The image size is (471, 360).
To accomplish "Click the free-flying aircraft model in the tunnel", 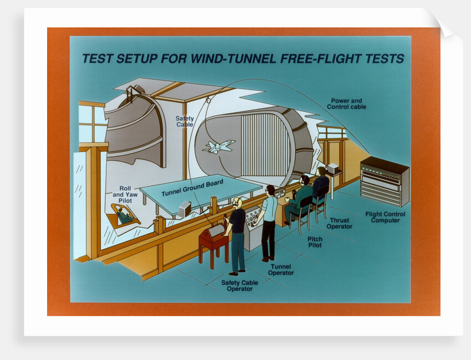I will point(218,146).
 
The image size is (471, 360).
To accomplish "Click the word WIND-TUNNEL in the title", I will point(232,59).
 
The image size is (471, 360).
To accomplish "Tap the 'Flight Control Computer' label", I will point(385,217).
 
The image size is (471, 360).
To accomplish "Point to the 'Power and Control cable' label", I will point(347,104).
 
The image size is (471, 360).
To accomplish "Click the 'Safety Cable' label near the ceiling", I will point(185,121).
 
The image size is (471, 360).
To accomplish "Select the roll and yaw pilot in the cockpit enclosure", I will point(124,215).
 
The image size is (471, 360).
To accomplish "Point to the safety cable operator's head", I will point(237,203).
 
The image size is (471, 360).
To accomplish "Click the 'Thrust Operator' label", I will point(339,223).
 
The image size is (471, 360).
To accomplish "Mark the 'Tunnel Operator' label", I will point(281,270).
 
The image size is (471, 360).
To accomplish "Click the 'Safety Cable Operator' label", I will point(239,286).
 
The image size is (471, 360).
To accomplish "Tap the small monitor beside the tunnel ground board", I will point(185,208).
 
